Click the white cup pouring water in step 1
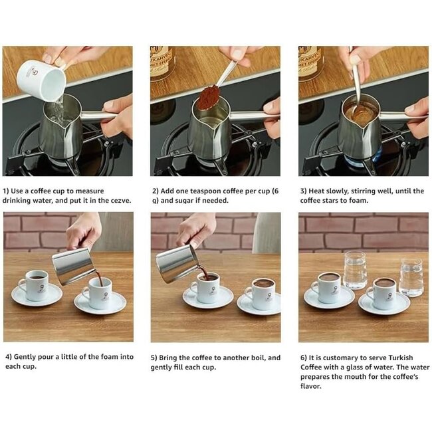pyautogui.click(x=41, y=80)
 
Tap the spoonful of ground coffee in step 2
pyautogui.click(x=207, y=98)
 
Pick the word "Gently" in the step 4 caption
pyautogui.click(x=24, y=357)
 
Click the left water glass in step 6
pyautogui.click(x=354, y=269)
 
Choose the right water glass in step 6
pyautogui.click(x=411, y=276)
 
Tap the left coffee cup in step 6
pyautogui.click(x=327, y=286)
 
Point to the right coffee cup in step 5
pyautogui.click(x=262, y=292)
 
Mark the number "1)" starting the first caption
pyautogui.click(x=7, y=191)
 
